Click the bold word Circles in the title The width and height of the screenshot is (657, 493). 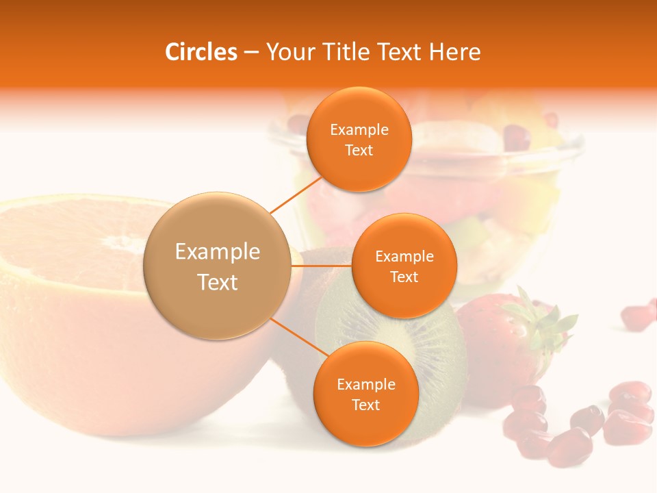tap(201, 52)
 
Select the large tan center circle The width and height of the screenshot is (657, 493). tap(217, 266)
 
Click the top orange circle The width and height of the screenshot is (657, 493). tap(359, 139)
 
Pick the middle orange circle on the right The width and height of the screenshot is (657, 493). tap(404, 266)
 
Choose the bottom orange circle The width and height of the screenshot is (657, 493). tap(365, 394)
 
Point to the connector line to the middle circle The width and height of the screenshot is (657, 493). tap(321, 266)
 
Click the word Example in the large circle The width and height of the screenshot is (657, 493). tap(217, 252)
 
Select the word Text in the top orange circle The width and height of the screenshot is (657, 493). tap(359, 150)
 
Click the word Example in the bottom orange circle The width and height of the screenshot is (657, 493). tap(365, 384)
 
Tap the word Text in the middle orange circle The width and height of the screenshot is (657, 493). tap(404, 277)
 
